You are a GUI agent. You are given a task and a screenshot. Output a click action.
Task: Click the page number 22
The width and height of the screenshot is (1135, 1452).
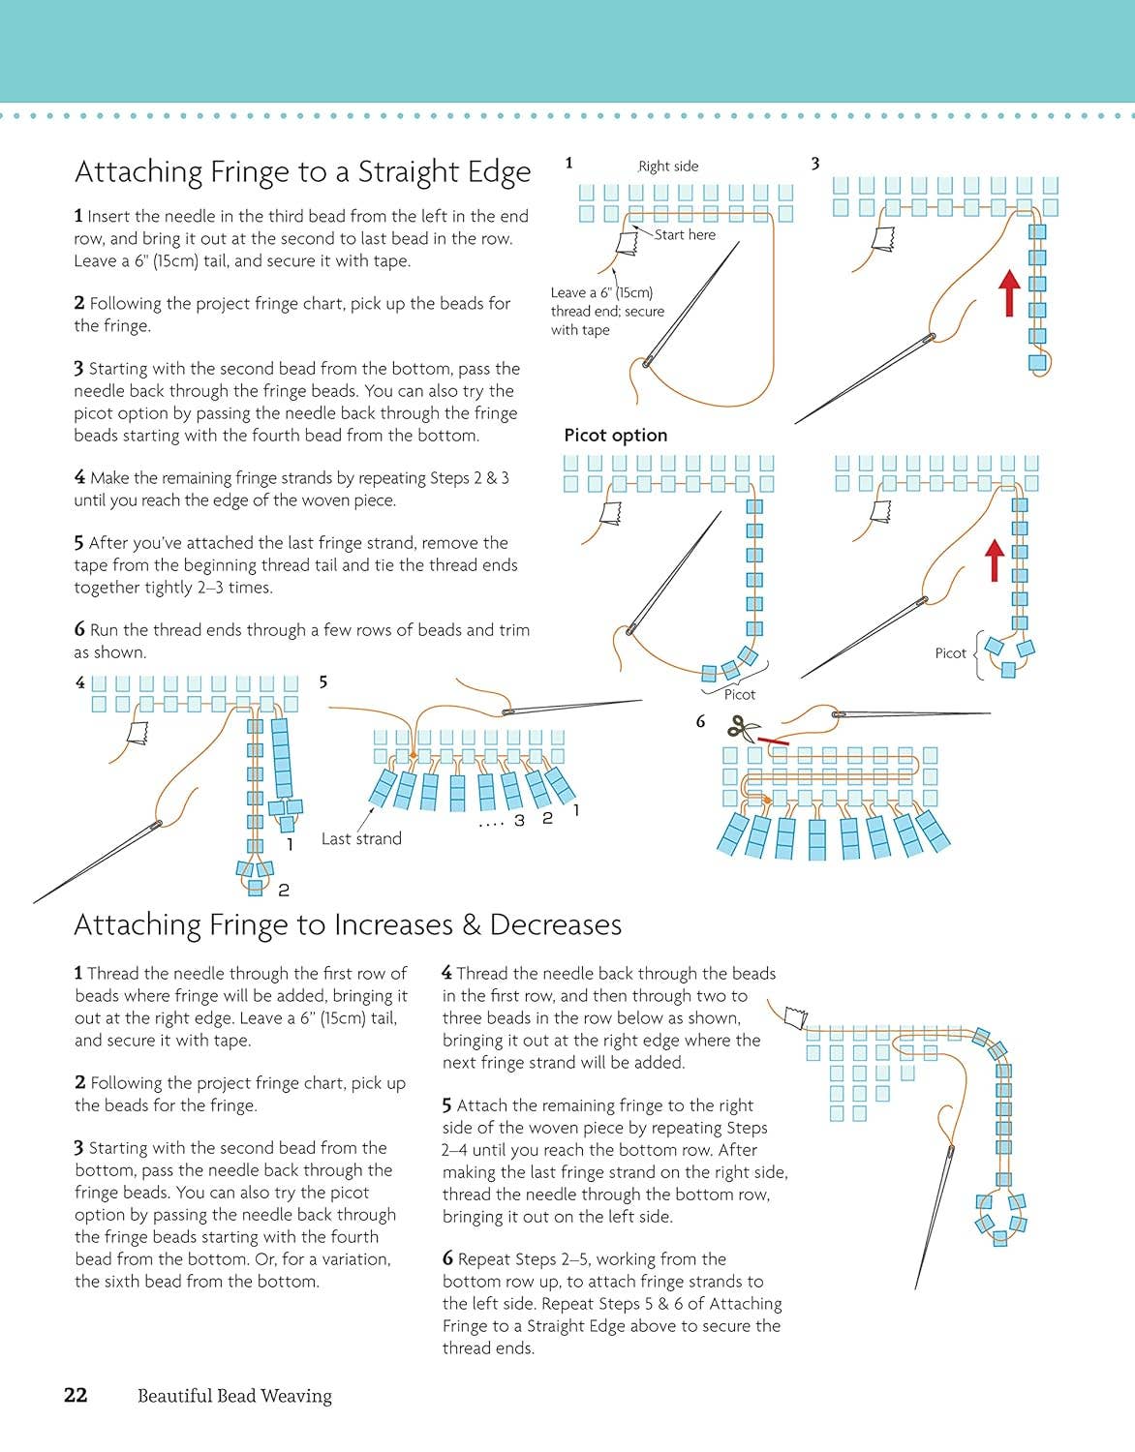pyautogui.click(x=76, y=1395)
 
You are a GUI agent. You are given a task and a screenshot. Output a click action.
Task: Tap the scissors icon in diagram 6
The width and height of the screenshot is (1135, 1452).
pyautogui.click(x=744, y=727)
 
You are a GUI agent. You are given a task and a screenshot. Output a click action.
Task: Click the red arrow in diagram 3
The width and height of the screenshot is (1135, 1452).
pyautogui.click(x=1009, y=293)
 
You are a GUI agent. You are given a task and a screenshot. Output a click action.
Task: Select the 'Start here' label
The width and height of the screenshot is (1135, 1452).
pyautogui.click(x=685, y=234)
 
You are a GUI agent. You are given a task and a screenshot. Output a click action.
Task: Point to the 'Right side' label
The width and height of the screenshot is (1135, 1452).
pyautogui.click(x=668, y=166)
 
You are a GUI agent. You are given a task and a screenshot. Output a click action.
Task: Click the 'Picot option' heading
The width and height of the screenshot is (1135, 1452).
pyautogui.click(x=616, y=436)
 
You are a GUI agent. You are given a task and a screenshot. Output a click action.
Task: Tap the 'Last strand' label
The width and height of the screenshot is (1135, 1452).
pyautogui.click(x=361, y=838)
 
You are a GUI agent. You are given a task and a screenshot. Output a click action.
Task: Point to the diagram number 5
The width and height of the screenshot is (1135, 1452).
pyautogui.click(x=323, y=682)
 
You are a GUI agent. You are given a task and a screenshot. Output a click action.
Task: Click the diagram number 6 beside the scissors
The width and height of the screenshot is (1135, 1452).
pyautogui.click(x=700, y=721)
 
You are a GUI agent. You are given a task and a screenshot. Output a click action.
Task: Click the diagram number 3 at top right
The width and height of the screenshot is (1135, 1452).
pyautogui.click(x=815, y=164)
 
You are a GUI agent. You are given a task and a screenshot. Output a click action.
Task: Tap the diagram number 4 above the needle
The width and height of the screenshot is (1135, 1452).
pyautogui.click(x=80, y=682)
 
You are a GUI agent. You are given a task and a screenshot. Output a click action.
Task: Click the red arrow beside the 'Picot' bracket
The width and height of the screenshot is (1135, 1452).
pyautogui.click(x=995, y=560)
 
